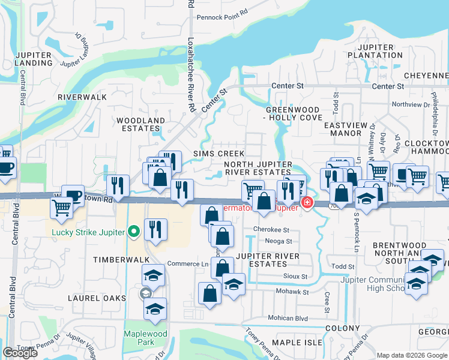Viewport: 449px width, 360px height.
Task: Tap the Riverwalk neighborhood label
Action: click(x=82, y=97)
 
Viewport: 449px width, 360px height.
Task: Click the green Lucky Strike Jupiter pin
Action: click(x=134, y=232)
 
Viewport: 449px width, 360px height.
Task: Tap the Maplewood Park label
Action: click(x=140, y=338)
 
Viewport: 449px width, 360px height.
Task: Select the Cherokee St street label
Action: click(x=271, y=229)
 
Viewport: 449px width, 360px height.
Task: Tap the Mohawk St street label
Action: click(x=292, y=292)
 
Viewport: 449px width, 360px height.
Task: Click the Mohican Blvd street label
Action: click(x=288, y=318)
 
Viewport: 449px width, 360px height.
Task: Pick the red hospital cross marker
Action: click(x=307, y=203)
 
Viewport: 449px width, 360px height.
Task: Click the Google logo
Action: click(x=20, y=353)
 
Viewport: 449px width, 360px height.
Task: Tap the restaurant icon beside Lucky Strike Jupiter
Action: click(x=155, y=229)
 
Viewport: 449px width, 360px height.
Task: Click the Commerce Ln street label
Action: click(x=188, y=264)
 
